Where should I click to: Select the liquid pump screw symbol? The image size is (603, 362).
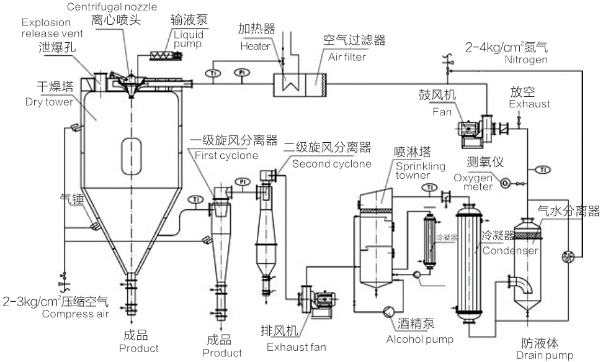(167, 55)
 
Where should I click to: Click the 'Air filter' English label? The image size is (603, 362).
(344, 57)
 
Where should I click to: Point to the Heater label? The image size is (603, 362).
(254, 46)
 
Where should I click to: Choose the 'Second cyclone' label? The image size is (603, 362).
(331, 164)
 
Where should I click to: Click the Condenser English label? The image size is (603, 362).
(510, 251)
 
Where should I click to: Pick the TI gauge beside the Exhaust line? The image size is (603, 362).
(543, 170)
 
